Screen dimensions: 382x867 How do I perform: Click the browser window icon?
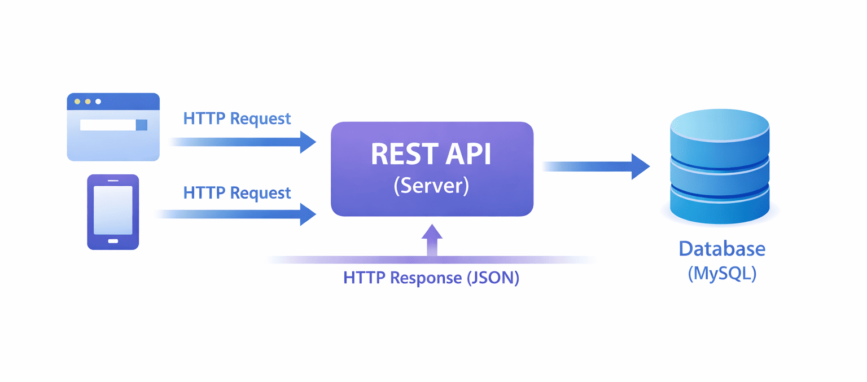[113, 127]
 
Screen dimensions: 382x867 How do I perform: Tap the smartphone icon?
[113, 212]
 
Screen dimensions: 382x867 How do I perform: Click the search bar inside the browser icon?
[108, 125]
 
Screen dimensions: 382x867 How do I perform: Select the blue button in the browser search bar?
[142, 125]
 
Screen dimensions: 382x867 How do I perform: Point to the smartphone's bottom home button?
[113, 241]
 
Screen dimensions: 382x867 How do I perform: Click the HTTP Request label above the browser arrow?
[237, 118]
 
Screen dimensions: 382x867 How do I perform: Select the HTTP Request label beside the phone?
[237, 192]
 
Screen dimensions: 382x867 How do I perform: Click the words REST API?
[431, 153]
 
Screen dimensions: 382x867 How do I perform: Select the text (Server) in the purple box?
[431, 186]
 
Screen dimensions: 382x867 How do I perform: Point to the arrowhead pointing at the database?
[641, 166]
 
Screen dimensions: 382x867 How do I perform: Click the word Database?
[722, 249]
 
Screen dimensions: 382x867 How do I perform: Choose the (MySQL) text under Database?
[722, 274]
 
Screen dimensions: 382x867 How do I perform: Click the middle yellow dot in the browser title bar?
[87, 102]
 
